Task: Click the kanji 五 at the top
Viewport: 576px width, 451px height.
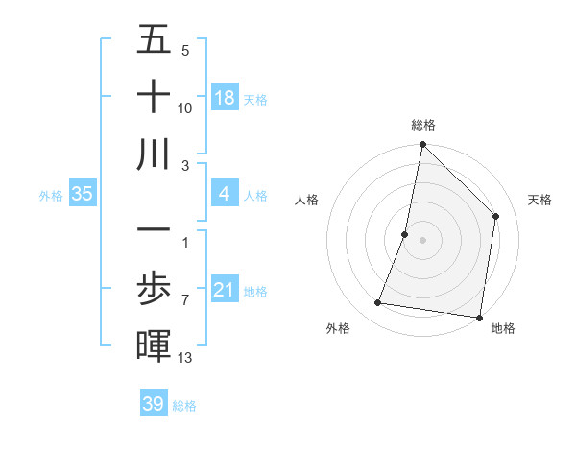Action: click(x=154, y=41)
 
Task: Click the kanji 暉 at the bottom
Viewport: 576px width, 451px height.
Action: click(x=154, y=346)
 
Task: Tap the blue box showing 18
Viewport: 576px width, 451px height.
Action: click(x=225, y=97)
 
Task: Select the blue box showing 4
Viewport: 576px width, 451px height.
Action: click(x=225, y=195)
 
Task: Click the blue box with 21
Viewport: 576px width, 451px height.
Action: click(x=225, y=289)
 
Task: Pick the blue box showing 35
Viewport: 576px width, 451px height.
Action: click(x=83, y=195)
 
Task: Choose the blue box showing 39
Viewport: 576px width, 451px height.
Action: click(x=154, y=404)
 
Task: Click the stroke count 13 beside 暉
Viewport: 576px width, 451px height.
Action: click(x=185, y=358)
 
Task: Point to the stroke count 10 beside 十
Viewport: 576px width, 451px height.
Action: click(x=185, y=107)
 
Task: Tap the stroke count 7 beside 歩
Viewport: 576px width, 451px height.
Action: click(x=184, y=300)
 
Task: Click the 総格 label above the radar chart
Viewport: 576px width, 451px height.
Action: click(x=423, y=125)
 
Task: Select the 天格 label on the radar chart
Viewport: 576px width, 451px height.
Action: click(x=540, y=200)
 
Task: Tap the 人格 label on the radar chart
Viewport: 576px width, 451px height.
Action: click(x=307, y=200)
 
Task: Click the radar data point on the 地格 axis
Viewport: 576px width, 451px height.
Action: click(x=478, y=317)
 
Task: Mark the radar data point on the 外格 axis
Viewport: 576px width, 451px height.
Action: click(x=378, y=303)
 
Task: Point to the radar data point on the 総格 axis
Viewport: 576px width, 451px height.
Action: click(x=422, y=146)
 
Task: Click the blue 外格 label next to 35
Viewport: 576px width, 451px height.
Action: click(x=51, y=196)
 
